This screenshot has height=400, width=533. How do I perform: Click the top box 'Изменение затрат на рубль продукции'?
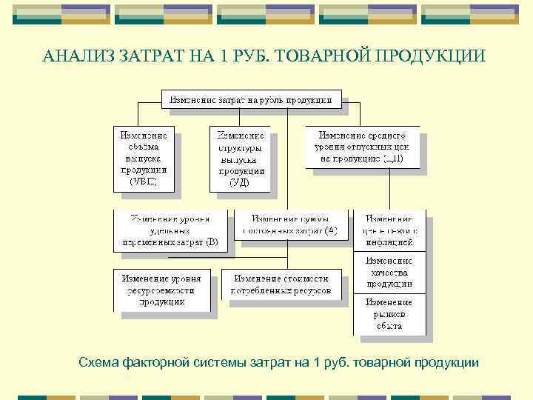pos(252,98)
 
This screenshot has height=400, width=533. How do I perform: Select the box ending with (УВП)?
pos(144,159)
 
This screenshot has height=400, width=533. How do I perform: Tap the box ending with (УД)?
pos(239,159)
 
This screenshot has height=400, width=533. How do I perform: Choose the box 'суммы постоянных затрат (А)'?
pos(294,224)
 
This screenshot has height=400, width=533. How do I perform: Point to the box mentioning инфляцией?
pos(392,230)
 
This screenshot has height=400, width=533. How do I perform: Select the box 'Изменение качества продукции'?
pos(392,273)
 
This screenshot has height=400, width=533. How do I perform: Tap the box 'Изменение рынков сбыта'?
pos(392,314)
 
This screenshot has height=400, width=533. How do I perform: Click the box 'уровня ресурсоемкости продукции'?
pos(161,290)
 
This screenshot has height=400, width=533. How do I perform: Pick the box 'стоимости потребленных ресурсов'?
pos(281,284)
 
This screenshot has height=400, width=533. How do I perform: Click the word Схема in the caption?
pos(99,362)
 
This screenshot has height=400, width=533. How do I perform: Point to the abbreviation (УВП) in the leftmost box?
pos(144,180)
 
